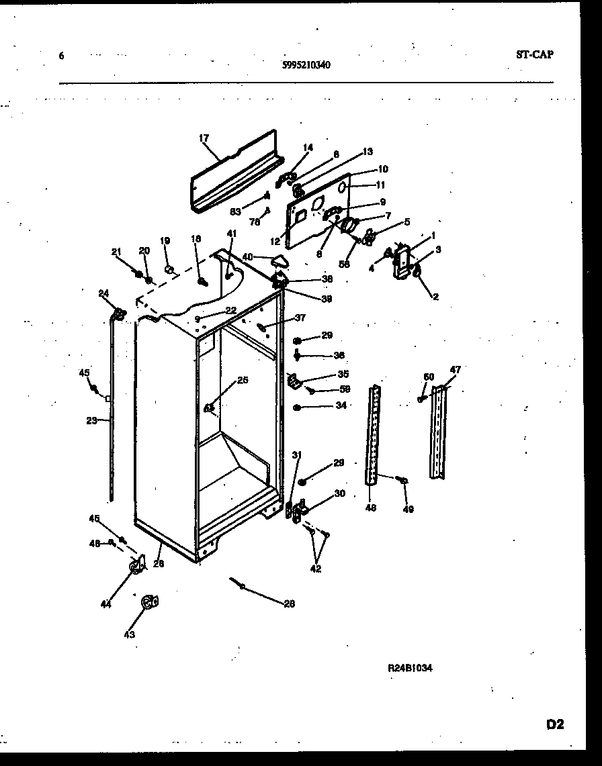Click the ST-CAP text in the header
535,55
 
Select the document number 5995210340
306,65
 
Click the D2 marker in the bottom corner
554,724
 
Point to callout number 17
204,138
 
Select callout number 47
456,370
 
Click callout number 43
129,634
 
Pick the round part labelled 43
148,603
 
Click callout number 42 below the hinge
316,569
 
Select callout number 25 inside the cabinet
243,380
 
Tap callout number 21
116,252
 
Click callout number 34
341,405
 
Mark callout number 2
435,296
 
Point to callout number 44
105,605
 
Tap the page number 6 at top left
61,56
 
